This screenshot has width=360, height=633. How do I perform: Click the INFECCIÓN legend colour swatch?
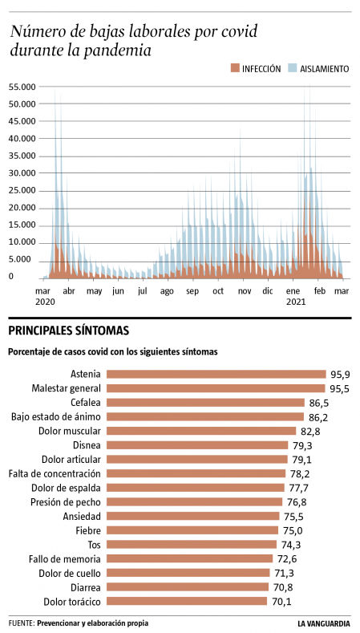click(235, 69)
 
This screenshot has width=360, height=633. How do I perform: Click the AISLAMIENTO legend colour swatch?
click(293, 69)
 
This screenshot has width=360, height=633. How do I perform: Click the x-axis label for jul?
click(142, 290)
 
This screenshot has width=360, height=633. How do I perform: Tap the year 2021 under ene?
click(296, 302)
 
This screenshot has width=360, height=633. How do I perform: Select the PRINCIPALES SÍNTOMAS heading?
click(68, 331)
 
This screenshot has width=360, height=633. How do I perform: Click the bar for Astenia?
click(216, 374)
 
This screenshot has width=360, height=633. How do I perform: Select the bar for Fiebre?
click(192, 530)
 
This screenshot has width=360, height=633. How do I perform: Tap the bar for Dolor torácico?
click(187, 601)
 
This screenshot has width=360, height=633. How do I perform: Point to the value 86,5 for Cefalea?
click(318, 403)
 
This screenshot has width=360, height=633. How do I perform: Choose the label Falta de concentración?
click(55, 473)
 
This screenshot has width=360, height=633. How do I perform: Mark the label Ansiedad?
click(82, 516)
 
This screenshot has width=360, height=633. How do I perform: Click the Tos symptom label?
click(92, 544)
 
